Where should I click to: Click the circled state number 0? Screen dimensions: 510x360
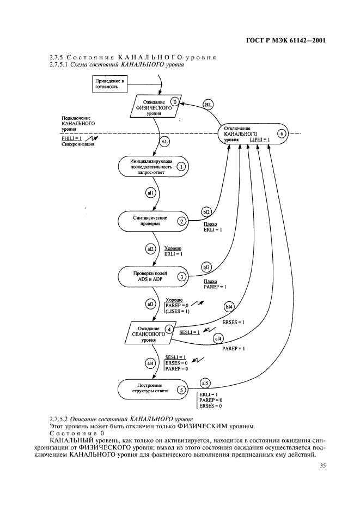click(174, 101)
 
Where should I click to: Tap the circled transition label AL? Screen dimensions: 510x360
click(166, 141)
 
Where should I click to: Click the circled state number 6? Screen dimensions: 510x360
click(280, 133)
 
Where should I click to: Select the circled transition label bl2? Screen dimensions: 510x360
click(206, 210)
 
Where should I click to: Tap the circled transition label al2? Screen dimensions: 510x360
click(151, 249)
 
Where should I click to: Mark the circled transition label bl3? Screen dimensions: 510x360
click(206, 267)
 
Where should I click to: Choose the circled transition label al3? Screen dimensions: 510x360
click(151, 303)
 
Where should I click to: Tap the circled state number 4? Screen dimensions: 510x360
click(170, 329)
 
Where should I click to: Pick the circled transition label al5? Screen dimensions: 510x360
click(205, 381)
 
